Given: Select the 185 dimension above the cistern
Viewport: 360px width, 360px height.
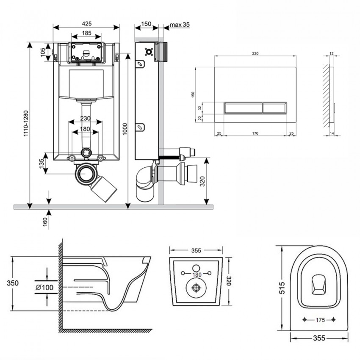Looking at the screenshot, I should pos(86,33).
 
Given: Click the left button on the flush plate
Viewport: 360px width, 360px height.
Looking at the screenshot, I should pos(243,108).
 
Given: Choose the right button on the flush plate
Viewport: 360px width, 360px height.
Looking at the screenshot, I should pos(276,108).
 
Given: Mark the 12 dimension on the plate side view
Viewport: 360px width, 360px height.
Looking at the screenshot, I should pos(331,54).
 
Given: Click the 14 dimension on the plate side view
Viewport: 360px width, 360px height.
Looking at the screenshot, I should pos(331,133).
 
